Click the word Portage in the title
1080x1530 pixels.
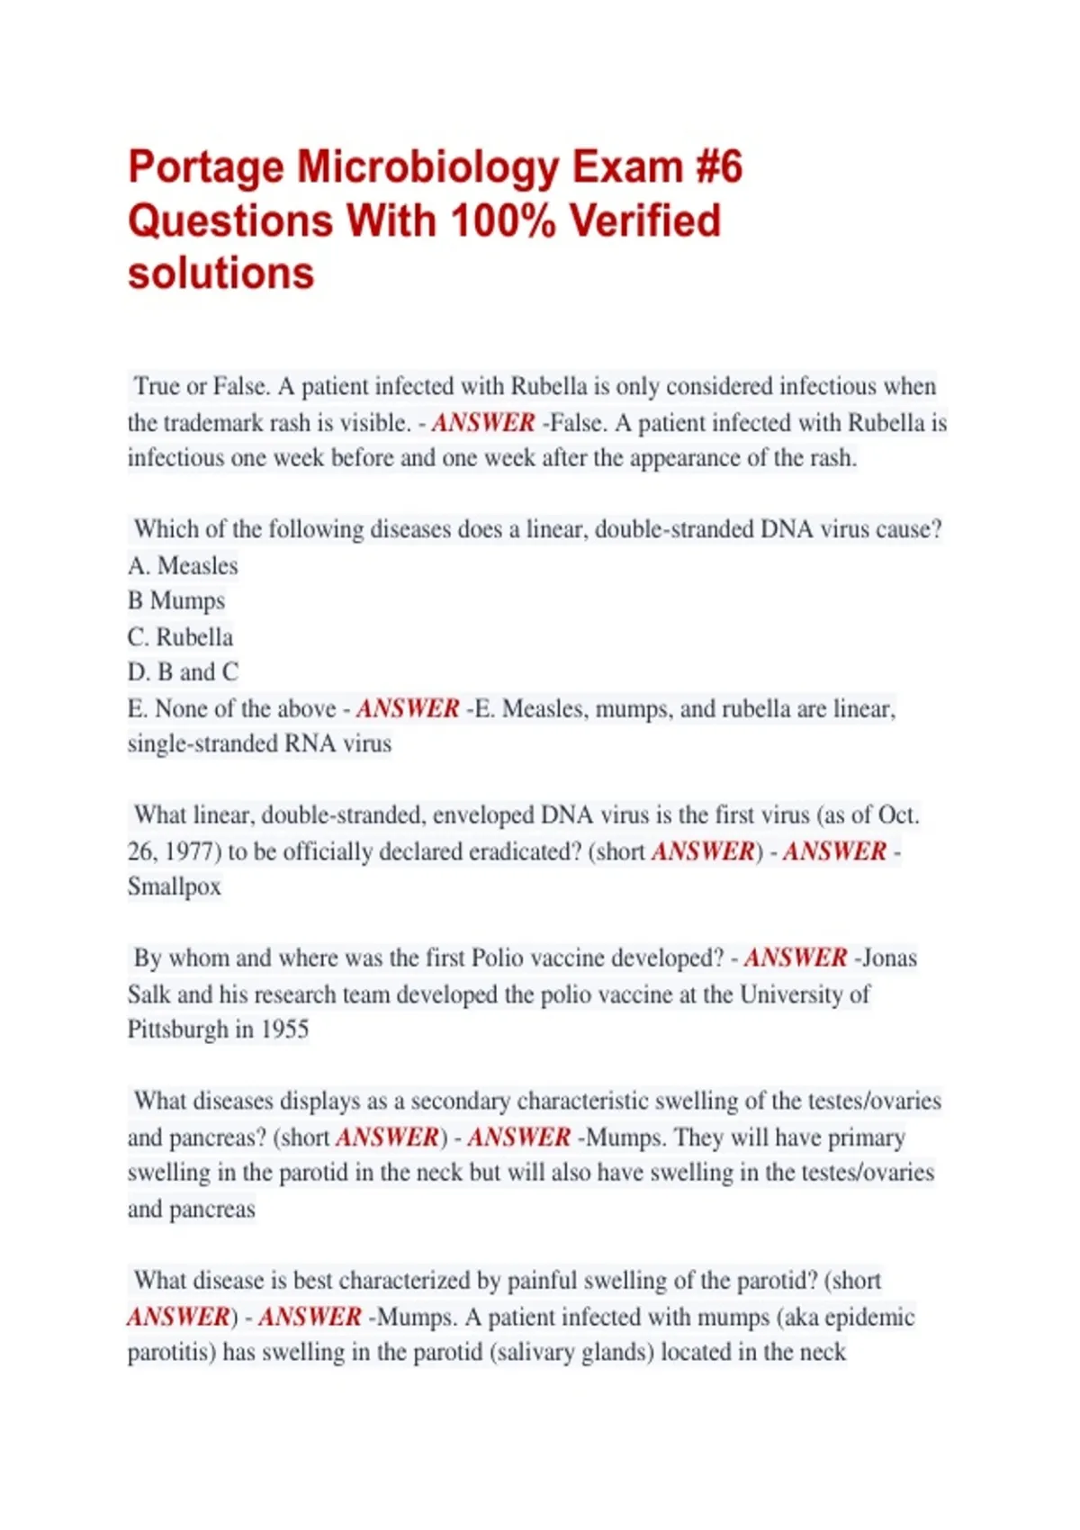[205, 168]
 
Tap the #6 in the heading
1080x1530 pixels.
[718, 168]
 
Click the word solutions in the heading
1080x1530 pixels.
[220, 274]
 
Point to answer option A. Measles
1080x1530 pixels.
[184, 565]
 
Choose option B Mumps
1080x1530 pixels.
[176, 600]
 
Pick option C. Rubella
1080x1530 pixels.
[180, 636]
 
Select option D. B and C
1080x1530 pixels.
[184, 672]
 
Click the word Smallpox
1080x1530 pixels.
[175, 886]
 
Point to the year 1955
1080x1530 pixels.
[284, 1029]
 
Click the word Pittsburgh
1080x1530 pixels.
[178, 1029]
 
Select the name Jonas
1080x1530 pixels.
[889, 958]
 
